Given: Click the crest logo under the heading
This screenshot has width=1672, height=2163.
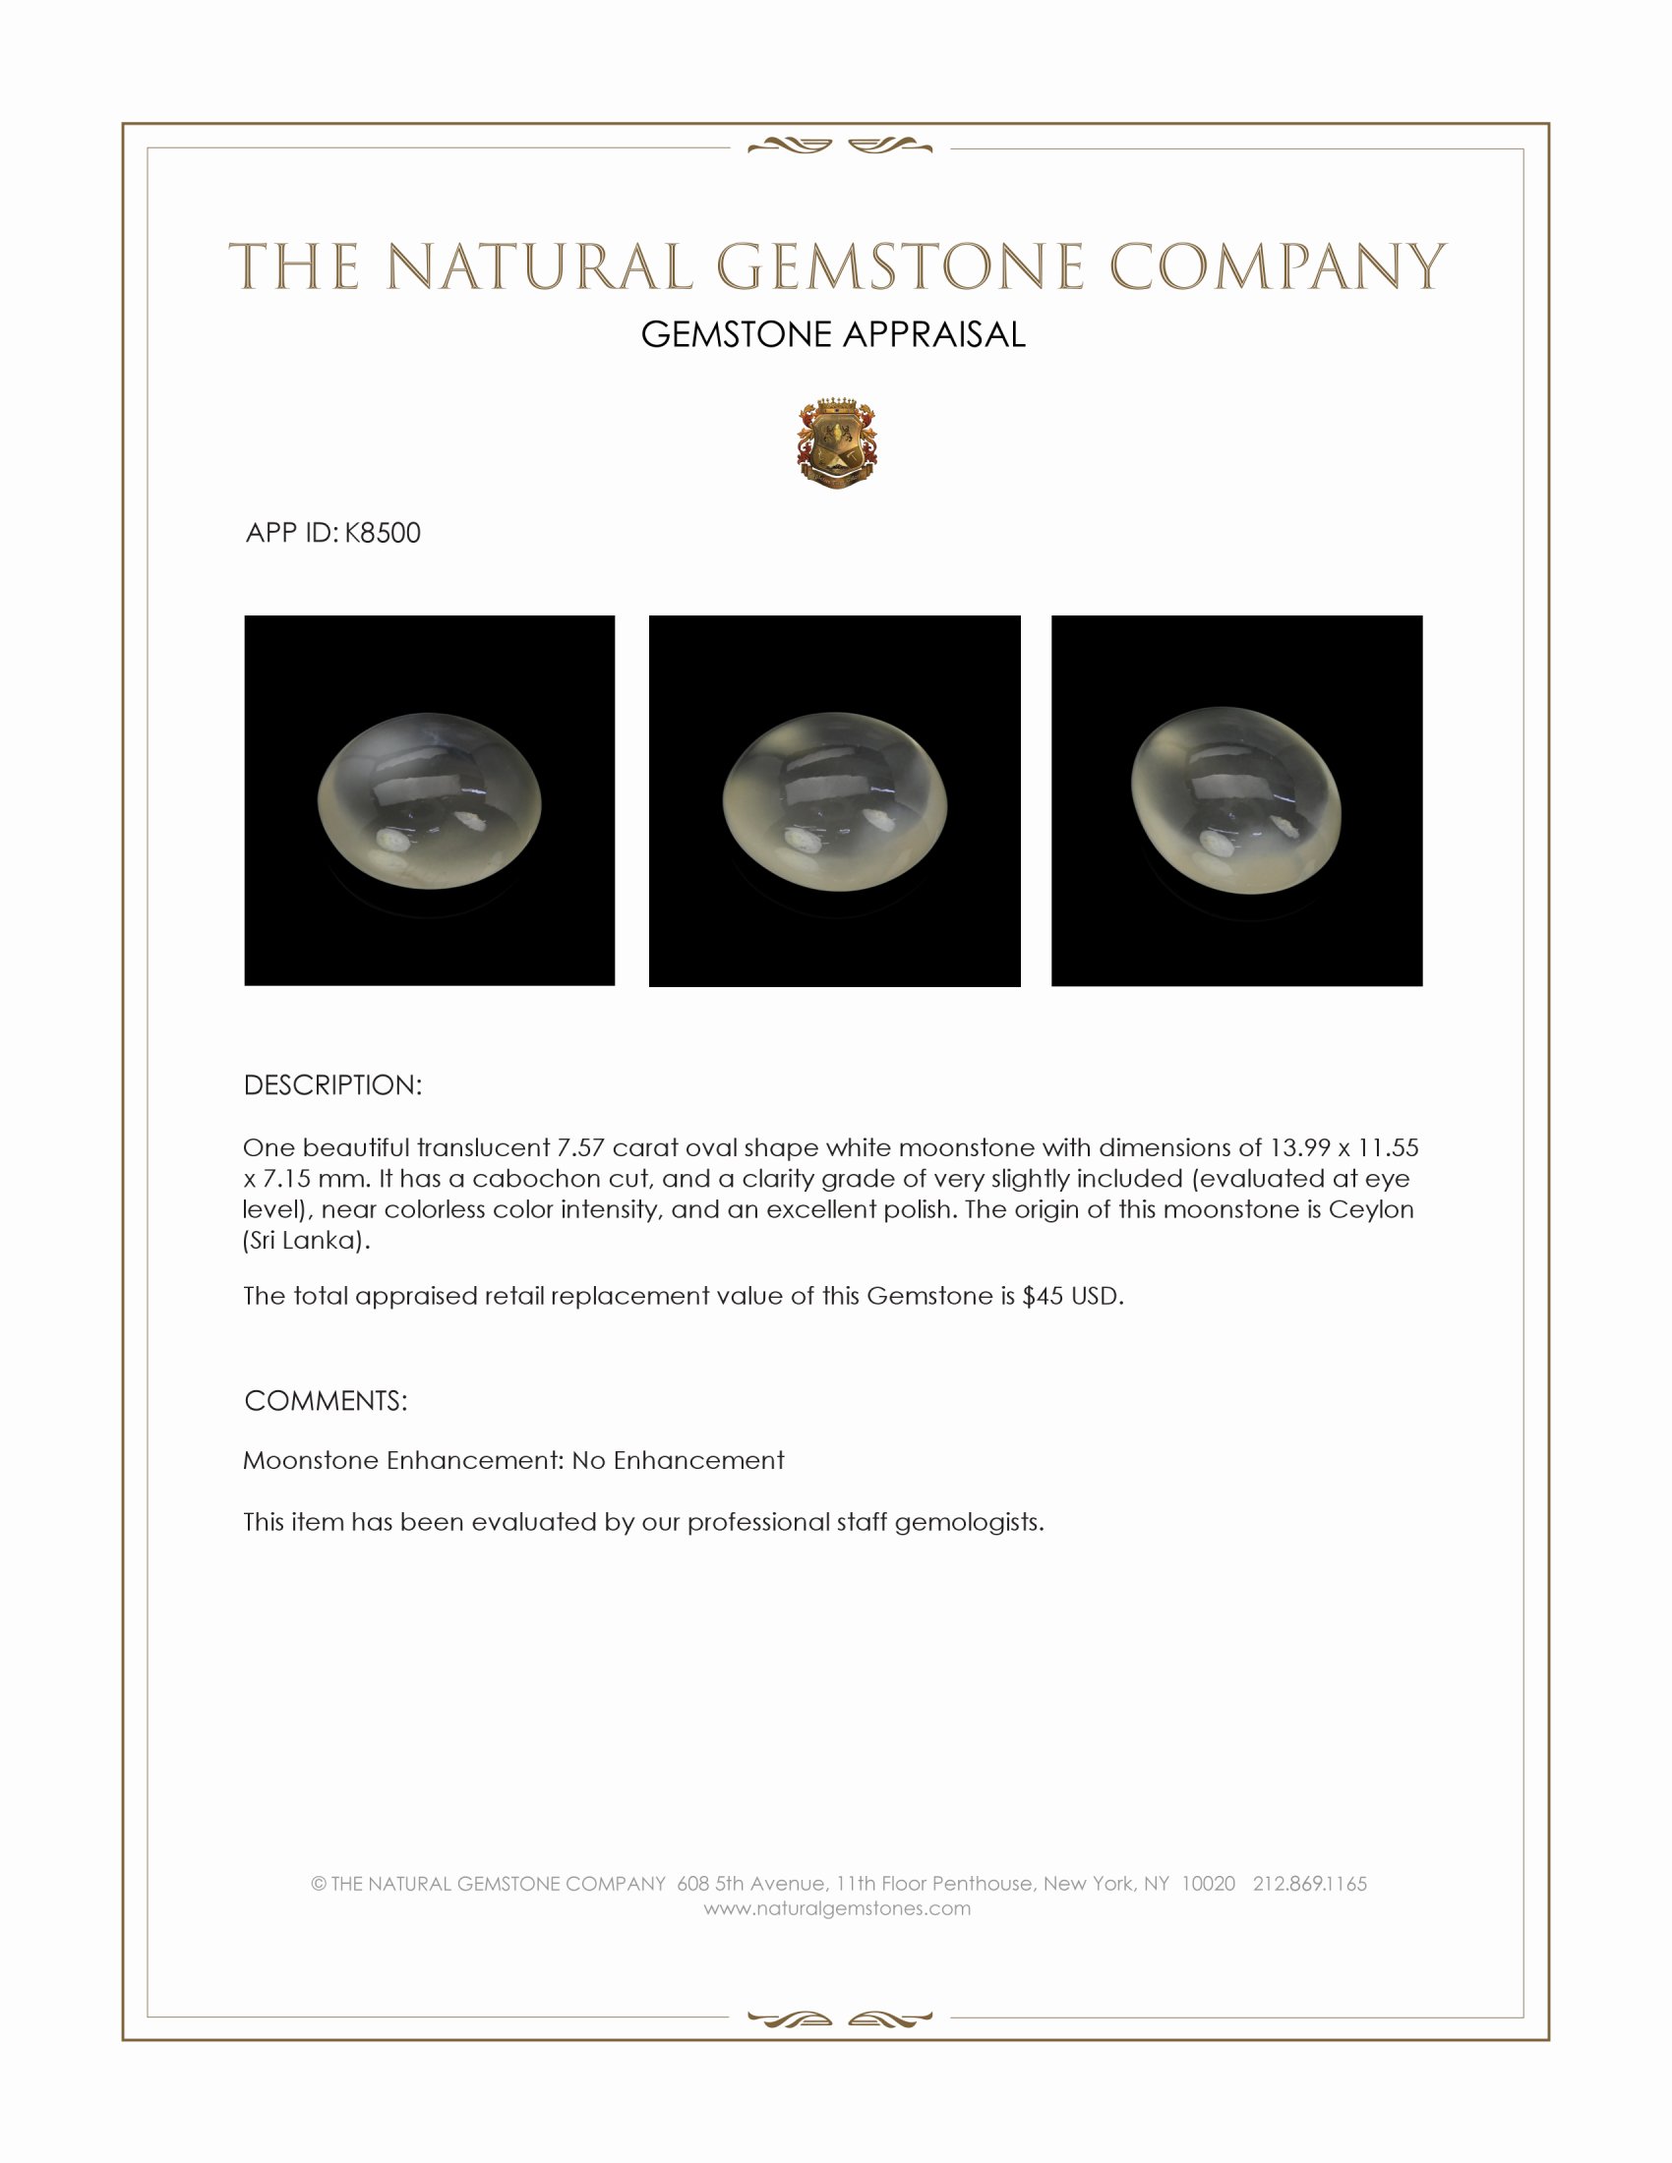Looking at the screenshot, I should [x=837, y=444].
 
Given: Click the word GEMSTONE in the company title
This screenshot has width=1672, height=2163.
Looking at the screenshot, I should [x=898, y=267].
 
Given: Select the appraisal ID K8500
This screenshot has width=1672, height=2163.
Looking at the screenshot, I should [x=383, y=533].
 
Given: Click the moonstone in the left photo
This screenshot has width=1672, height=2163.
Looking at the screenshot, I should [x=429, y=800].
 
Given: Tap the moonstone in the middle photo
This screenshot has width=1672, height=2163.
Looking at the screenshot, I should [x=835, y=801].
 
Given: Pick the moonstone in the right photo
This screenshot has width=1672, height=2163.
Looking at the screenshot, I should [x=1236, y=800].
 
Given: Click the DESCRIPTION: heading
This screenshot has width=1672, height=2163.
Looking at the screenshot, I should [x=332, y=1085].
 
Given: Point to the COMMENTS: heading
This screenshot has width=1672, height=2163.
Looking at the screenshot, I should [x=325, y=1400].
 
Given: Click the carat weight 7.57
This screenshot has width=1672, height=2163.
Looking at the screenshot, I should [x=580, y=1147].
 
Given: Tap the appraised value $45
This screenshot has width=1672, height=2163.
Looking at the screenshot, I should [x=1042, y=1297].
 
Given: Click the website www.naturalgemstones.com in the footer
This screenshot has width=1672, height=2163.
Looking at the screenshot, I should [x=837, y=1908].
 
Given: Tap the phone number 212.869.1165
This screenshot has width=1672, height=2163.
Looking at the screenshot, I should [x=1309, y=1884].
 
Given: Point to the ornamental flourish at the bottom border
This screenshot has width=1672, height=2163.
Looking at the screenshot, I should [x=840, y=2018].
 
